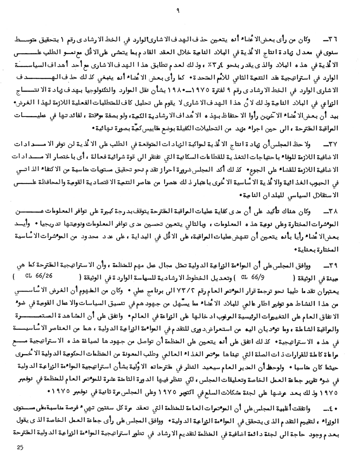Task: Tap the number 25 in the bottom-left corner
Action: [19, 448]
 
